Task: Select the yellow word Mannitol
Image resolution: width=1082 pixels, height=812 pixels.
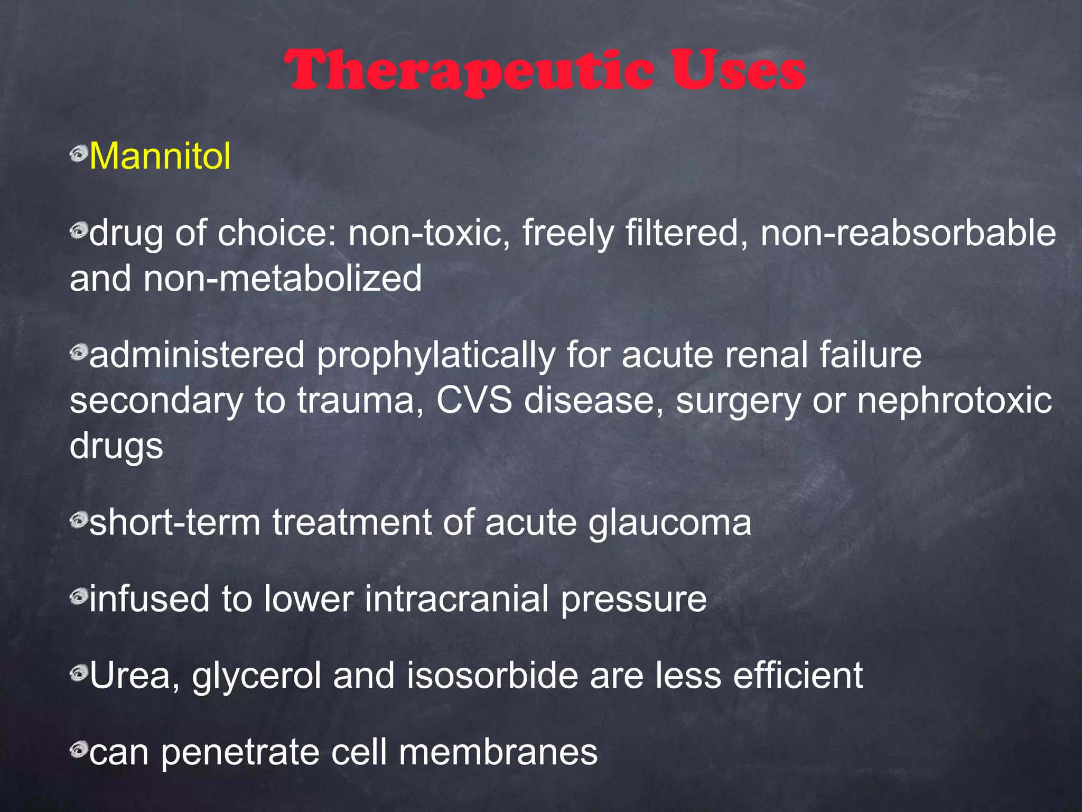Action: click(x=160, y=156)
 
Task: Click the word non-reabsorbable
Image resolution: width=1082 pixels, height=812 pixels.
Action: click(x=908, y=233)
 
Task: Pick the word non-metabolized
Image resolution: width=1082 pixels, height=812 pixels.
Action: click(x=283, y=279)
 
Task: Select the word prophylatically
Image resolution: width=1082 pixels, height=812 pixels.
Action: click(x=435, y=355)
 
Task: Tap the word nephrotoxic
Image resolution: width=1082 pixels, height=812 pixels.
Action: click(x=954, y=400)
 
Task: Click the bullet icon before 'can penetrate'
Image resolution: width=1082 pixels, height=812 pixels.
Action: click(x=78, y=749)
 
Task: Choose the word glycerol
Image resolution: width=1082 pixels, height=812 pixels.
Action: click(x=257, y=677)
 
